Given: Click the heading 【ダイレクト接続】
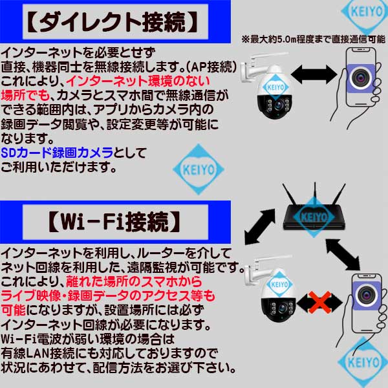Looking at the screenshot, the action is [113, 22].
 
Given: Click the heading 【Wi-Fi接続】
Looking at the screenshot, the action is [114, 221].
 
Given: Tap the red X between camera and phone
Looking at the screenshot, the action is [319, 302].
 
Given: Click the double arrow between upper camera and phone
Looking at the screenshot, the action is [314, 74].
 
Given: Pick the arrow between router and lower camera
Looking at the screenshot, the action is [259, 227].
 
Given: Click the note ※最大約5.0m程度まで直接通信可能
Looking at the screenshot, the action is [314, 39].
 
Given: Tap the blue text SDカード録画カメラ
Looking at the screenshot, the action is [57, 153].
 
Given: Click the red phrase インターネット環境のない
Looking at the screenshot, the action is [138, 81].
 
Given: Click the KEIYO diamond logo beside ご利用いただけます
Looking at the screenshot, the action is [199, 169].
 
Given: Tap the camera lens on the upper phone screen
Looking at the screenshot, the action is [361, 78].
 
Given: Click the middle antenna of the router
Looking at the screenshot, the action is [315, 195].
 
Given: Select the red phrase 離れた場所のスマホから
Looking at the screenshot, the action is [134, 281].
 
